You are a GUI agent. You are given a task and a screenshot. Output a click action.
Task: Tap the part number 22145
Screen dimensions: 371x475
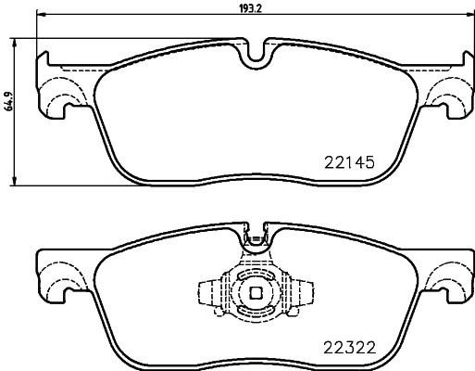(x=348, y=160)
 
